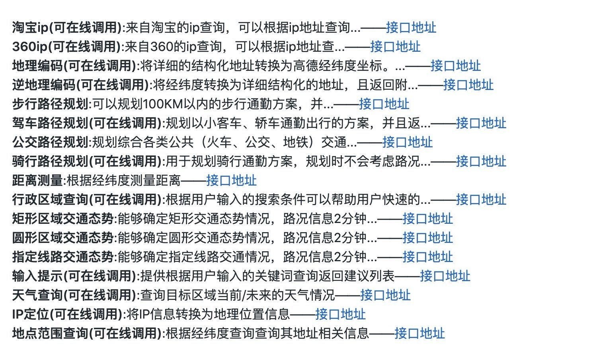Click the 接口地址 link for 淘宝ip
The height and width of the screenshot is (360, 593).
point(411,27)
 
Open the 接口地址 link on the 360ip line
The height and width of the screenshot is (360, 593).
point(395,47)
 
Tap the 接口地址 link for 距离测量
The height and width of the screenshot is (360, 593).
point(231,180)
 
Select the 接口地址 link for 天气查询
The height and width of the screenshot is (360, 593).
point(385,295)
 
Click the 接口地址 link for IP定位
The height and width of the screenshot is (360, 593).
point(340,314)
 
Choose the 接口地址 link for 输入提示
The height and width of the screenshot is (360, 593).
point(445,276)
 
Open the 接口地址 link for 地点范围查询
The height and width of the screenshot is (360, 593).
point(419,333)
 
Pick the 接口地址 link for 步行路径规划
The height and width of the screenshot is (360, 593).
point(384,104)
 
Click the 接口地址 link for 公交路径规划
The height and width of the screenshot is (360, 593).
point(407,142)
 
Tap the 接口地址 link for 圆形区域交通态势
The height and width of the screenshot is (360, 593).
point(427,238)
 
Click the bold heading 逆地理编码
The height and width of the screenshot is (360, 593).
point(44,85)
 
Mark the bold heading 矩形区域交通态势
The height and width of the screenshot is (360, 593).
point(63,219)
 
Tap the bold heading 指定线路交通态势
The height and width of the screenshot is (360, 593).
point(63,257)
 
